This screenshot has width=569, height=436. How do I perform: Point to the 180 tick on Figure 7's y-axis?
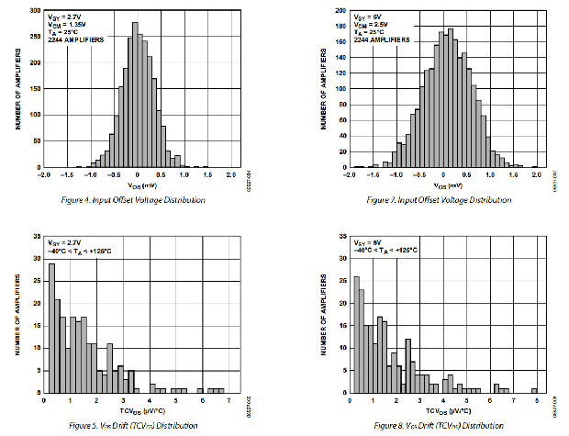pyautogui.click(x=340, y=26)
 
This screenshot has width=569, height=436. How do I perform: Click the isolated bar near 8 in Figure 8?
pyautogui.click(x=534, y=390)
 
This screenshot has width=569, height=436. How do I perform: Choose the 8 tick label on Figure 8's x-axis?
pyautogui.click(x=535, y=401)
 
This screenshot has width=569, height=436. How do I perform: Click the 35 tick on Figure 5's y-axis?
pyautogui.click(x=35, y=237)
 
